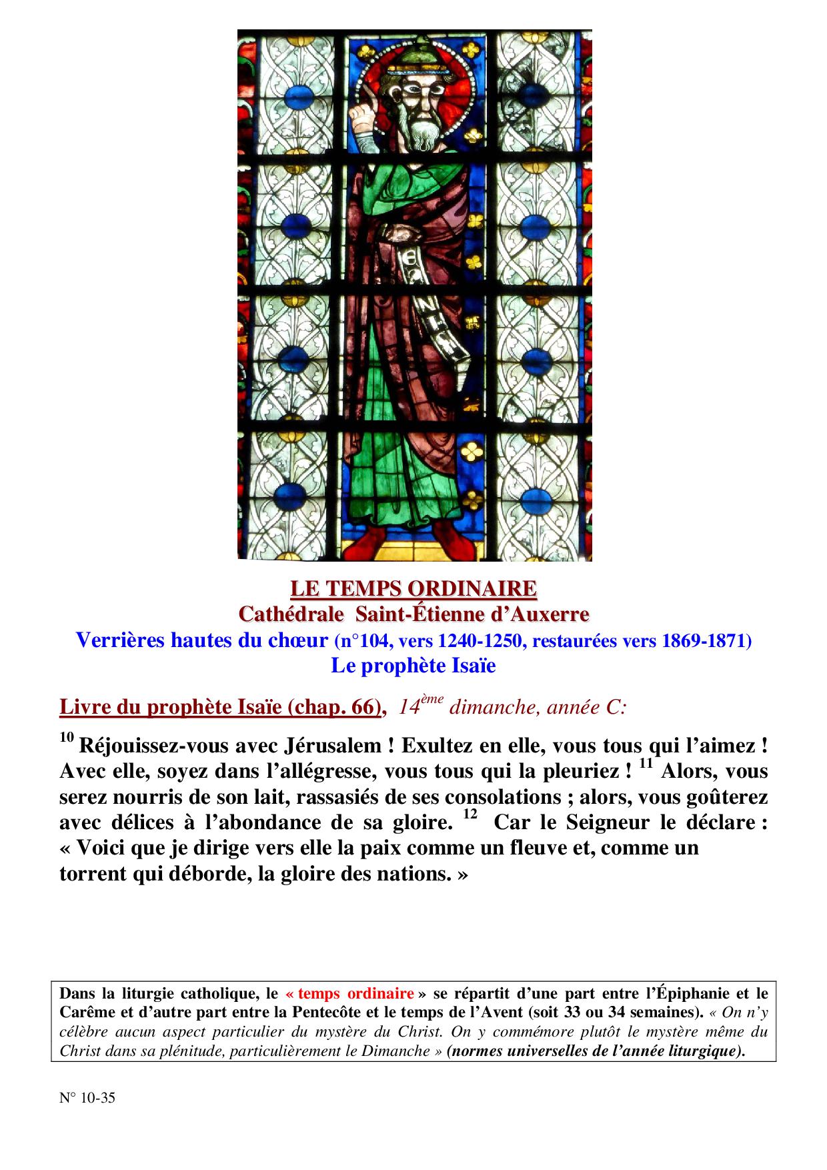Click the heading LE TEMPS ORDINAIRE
(414, 588)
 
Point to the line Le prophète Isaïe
(414, 666)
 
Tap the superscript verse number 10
(66, 738)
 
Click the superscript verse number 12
(470, 815)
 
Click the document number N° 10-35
(87, 1097)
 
